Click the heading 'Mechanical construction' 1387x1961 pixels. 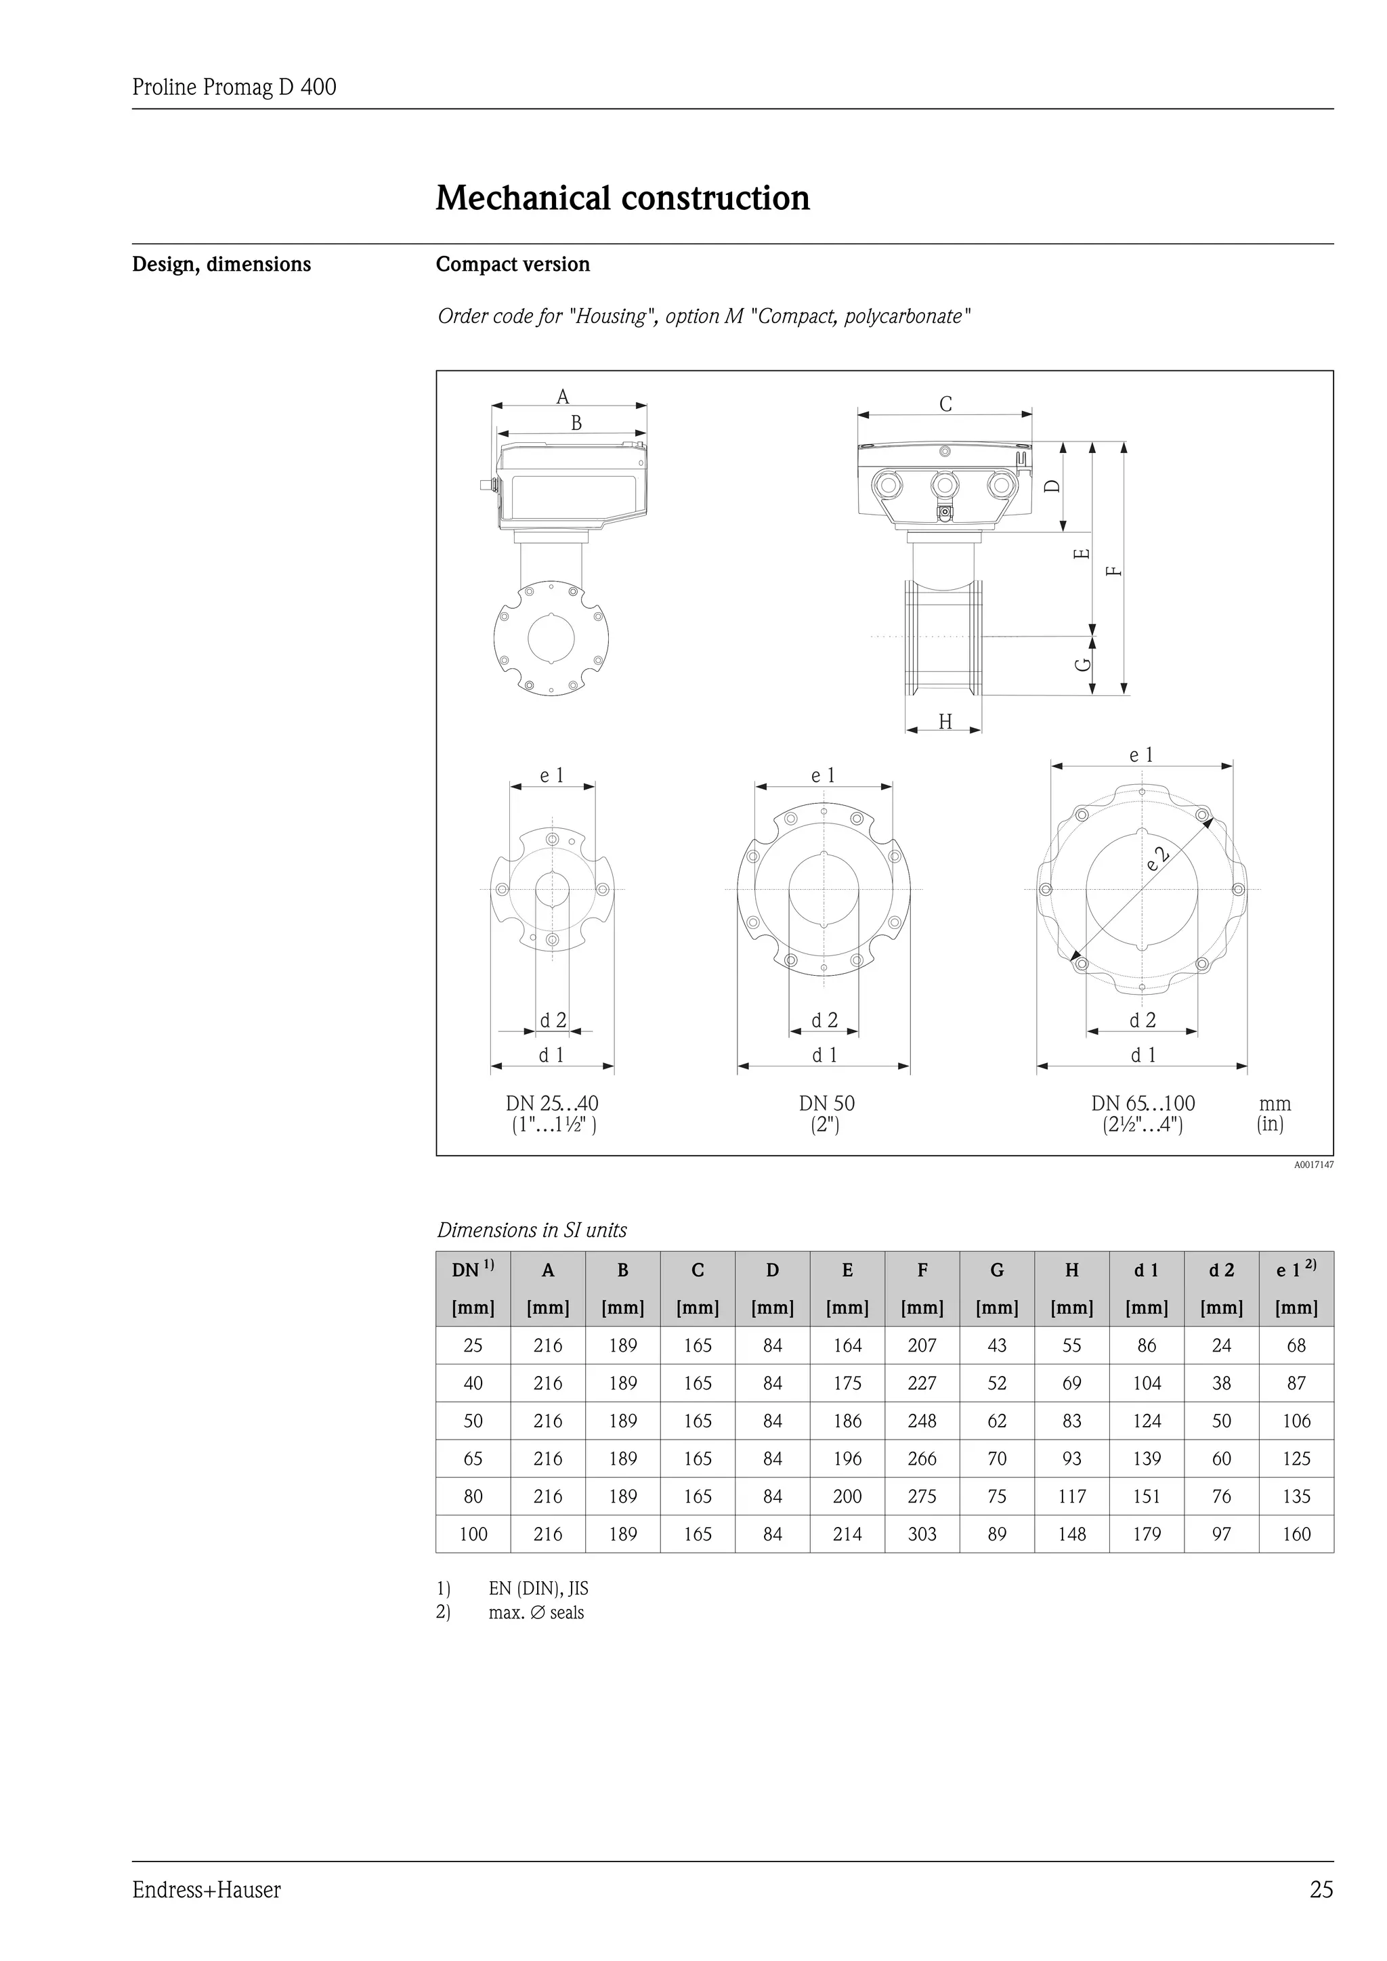coord(622,198)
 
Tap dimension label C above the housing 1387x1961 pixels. coord(945,404)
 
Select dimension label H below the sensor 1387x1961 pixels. coord(945,723)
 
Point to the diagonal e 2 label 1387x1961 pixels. coord(1157,857)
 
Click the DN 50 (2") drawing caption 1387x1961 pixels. coord(826,1114)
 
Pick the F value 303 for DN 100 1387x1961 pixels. coord(922,1534)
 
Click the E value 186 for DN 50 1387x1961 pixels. coord(847,1421)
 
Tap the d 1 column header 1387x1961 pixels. coord(1146,1271)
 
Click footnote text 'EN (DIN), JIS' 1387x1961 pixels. coord(538,1589)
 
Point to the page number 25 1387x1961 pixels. coord(1321,1890)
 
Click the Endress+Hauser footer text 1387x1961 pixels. coord(206,1890)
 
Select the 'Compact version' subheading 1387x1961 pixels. coord(513,264)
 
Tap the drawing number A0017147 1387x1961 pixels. coord(1313,1165)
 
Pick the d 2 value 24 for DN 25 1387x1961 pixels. coord(1221,1346)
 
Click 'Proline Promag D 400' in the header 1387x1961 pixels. coord(234,87)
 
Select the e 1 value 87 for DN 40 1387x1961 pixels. coord(1296,1383)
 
